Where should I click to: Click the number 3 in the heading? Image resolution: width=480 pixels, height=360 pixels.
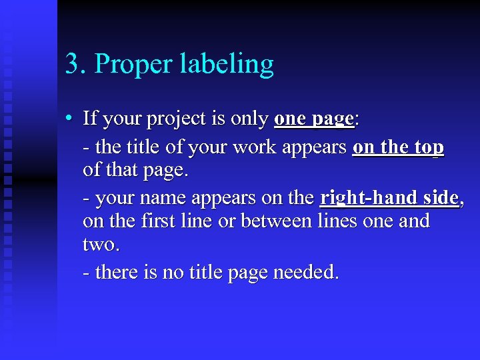tap(71, 65)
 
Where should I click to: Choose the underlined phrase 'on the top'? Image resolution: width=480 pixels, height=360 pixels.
tap(398, 147)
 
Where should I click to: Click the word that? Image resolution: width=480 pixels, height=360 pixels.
tap(121, 170)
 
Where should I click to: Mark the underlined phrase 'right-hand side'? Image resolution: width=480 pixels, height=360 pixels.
tap(389, 198)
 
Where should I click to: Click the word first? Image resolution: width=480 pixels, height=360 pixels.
tap(159, 221)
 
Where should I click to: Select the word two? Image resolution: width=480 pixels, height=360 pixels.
tap(101, 245)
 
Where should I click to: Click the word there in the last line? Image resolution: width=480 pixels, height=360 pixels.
tap(119, 271)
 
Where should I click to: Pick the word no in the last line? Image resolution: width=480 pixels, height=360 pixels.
tap(169, 272)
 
